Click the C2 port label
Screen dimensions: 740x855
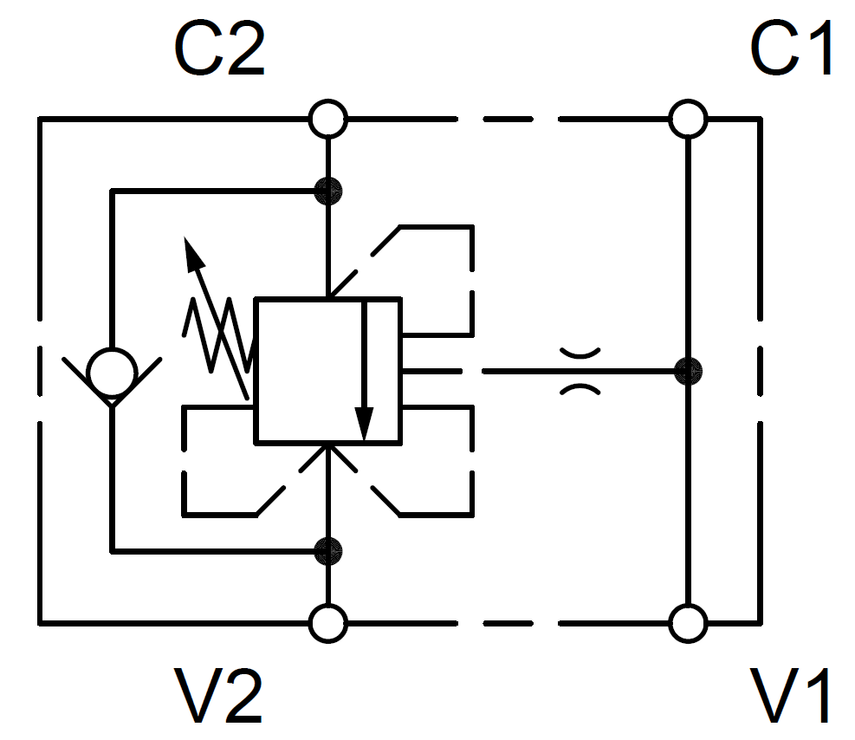tap(219, 49)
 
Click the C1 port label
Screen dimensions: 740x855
tap(792, 49)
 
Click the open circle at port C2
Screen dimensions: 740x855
tap(328, 119)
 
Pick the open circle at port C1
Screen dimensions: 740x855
tap(689, 119)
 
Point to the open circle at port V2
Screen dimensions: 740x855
tap(328, 622)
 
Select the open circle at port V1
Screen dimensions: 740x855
tap(689, 622)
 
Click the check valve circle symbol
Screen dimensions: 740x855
tap(113, 372)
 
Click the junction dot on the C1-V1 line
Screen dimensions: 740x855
tap(689, 372)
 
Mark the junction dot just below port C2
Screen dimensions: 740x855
tap(328, 189)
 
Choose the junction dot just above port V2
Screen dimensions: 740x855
tap(328, 549)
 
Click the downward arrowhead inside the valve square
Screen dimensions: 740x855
tap(365, 425)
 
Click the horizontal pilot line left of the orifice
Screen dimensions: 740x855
tap(520, 372)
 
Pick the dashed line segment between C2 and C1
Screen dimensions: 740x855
tap(511, 119)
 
